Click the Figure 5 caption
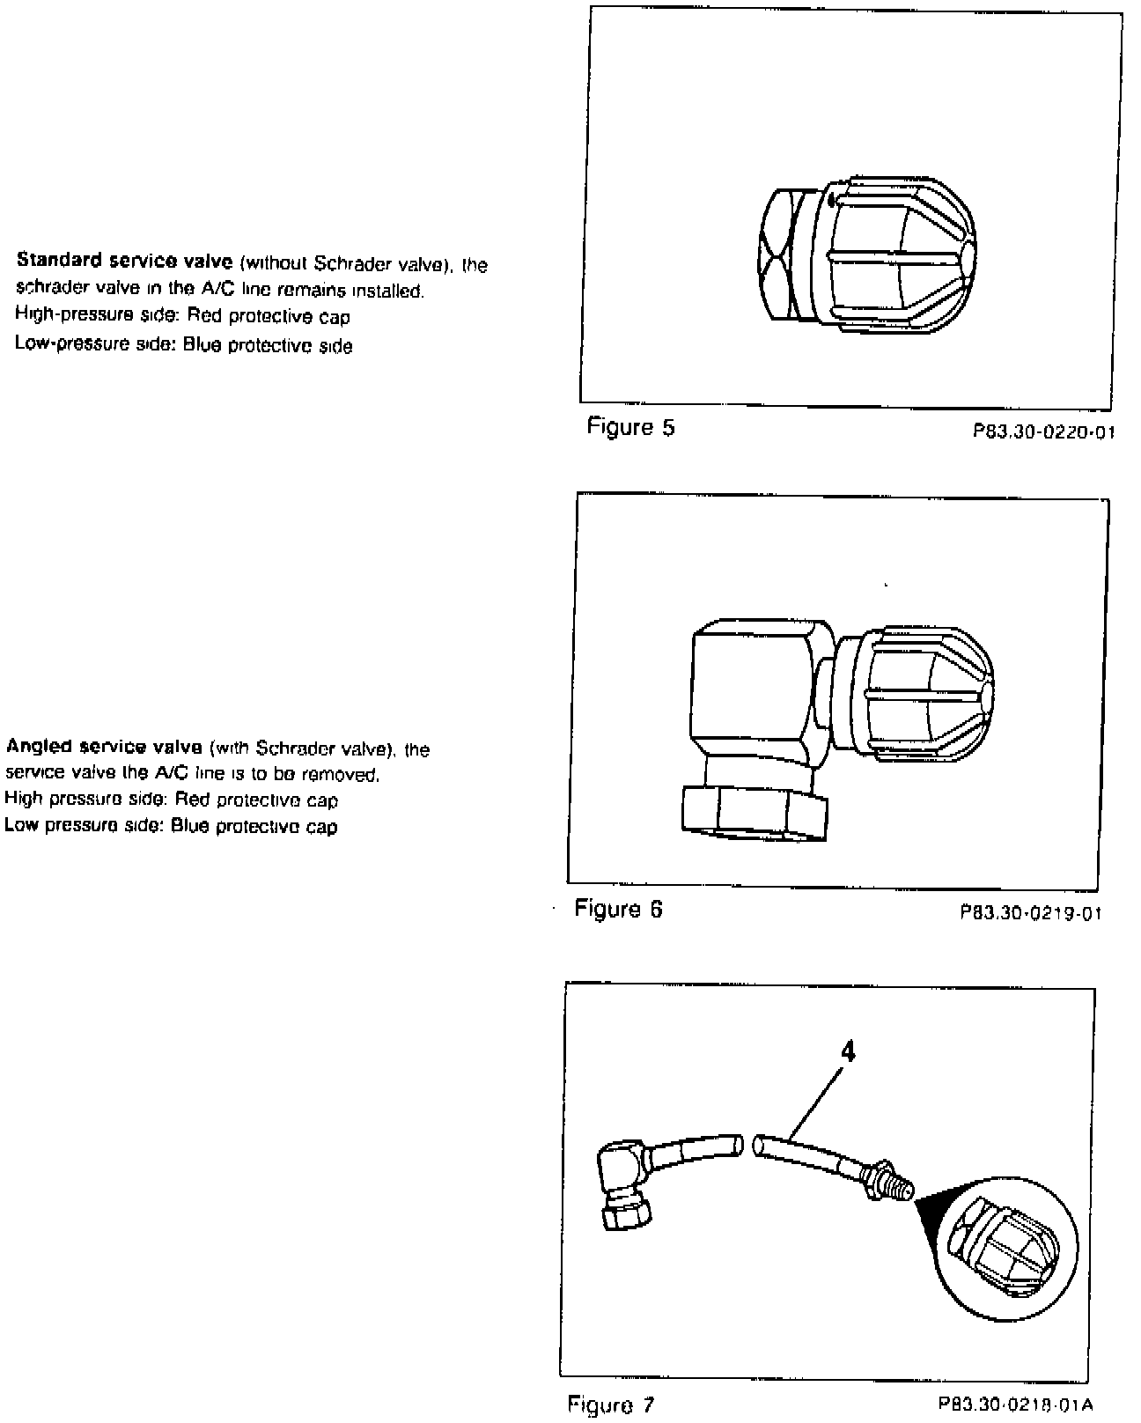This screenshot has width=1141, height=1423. pos(630,428)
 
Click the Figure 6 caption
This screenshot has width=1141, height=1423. pos(618,909)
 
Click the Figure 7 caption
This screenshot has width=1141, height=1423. pos(611,1404)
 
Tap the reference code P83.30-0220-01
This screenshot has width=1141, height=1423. pos(1043,432)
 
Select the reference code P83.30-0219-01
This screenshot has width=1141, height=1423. pos(1031,913)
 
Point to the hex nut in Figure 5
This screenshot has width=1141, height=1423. pos(782,255)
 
